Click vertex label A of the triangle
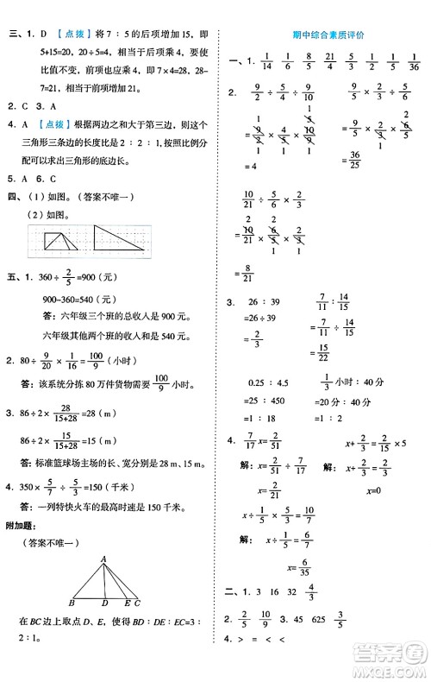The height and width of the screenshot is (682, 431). click(x=103, y=559)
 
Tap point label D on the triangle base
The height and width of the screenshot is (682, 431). click(x=103, y=603)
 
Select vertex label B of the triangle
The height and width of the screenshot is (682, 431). click(x=72, y=603)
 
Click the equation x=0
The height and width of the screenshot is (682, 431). click(x=374, y=490)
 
